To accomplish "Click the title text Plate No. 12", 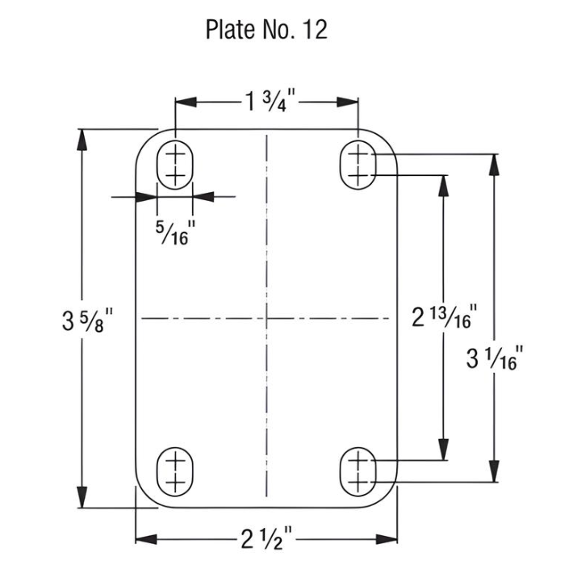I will click(266, 30).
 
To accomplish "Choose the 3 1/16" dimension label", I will click(500, 356).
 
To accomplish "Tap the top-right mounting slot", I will click(358, 162).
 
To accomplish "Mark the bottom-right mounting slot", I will click(358, 471).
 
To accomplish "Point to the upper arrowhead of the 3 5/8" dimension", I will click(82, 138).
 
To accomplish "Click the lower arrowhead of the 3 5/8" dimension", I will click(82, 497).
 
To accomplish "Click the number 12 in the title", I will click(312, 30).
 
